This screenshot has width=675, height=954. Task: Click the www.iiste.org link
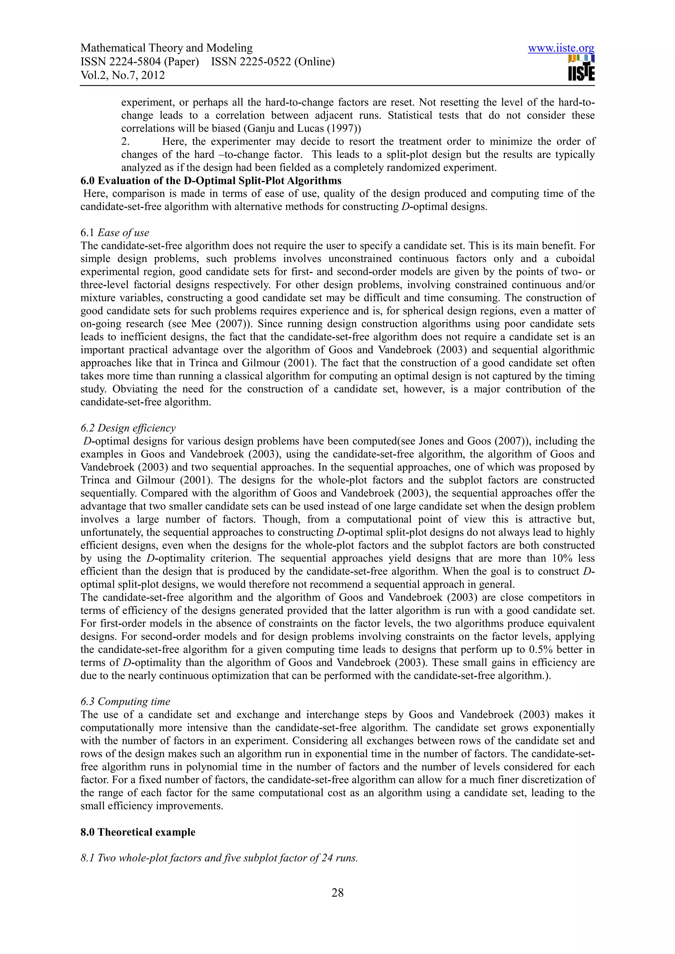[561, 49]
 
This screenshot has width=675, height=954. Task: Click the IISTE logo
[581, 68]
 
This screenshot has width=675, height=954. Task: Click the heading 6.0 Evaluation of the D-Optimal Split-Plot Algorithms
[211, 181]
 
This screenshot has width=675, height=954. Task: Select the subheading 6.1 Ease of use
[115, 233]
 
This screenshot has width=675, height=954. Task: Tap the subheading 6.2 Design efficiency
[128, 428]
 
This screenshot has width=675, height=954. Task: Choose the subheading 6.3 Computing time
[125, 702]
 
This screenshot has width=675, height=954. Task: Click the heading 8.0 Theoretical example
[138, 832]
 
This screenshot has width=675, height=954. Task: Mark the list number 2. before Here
[126, 142]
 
